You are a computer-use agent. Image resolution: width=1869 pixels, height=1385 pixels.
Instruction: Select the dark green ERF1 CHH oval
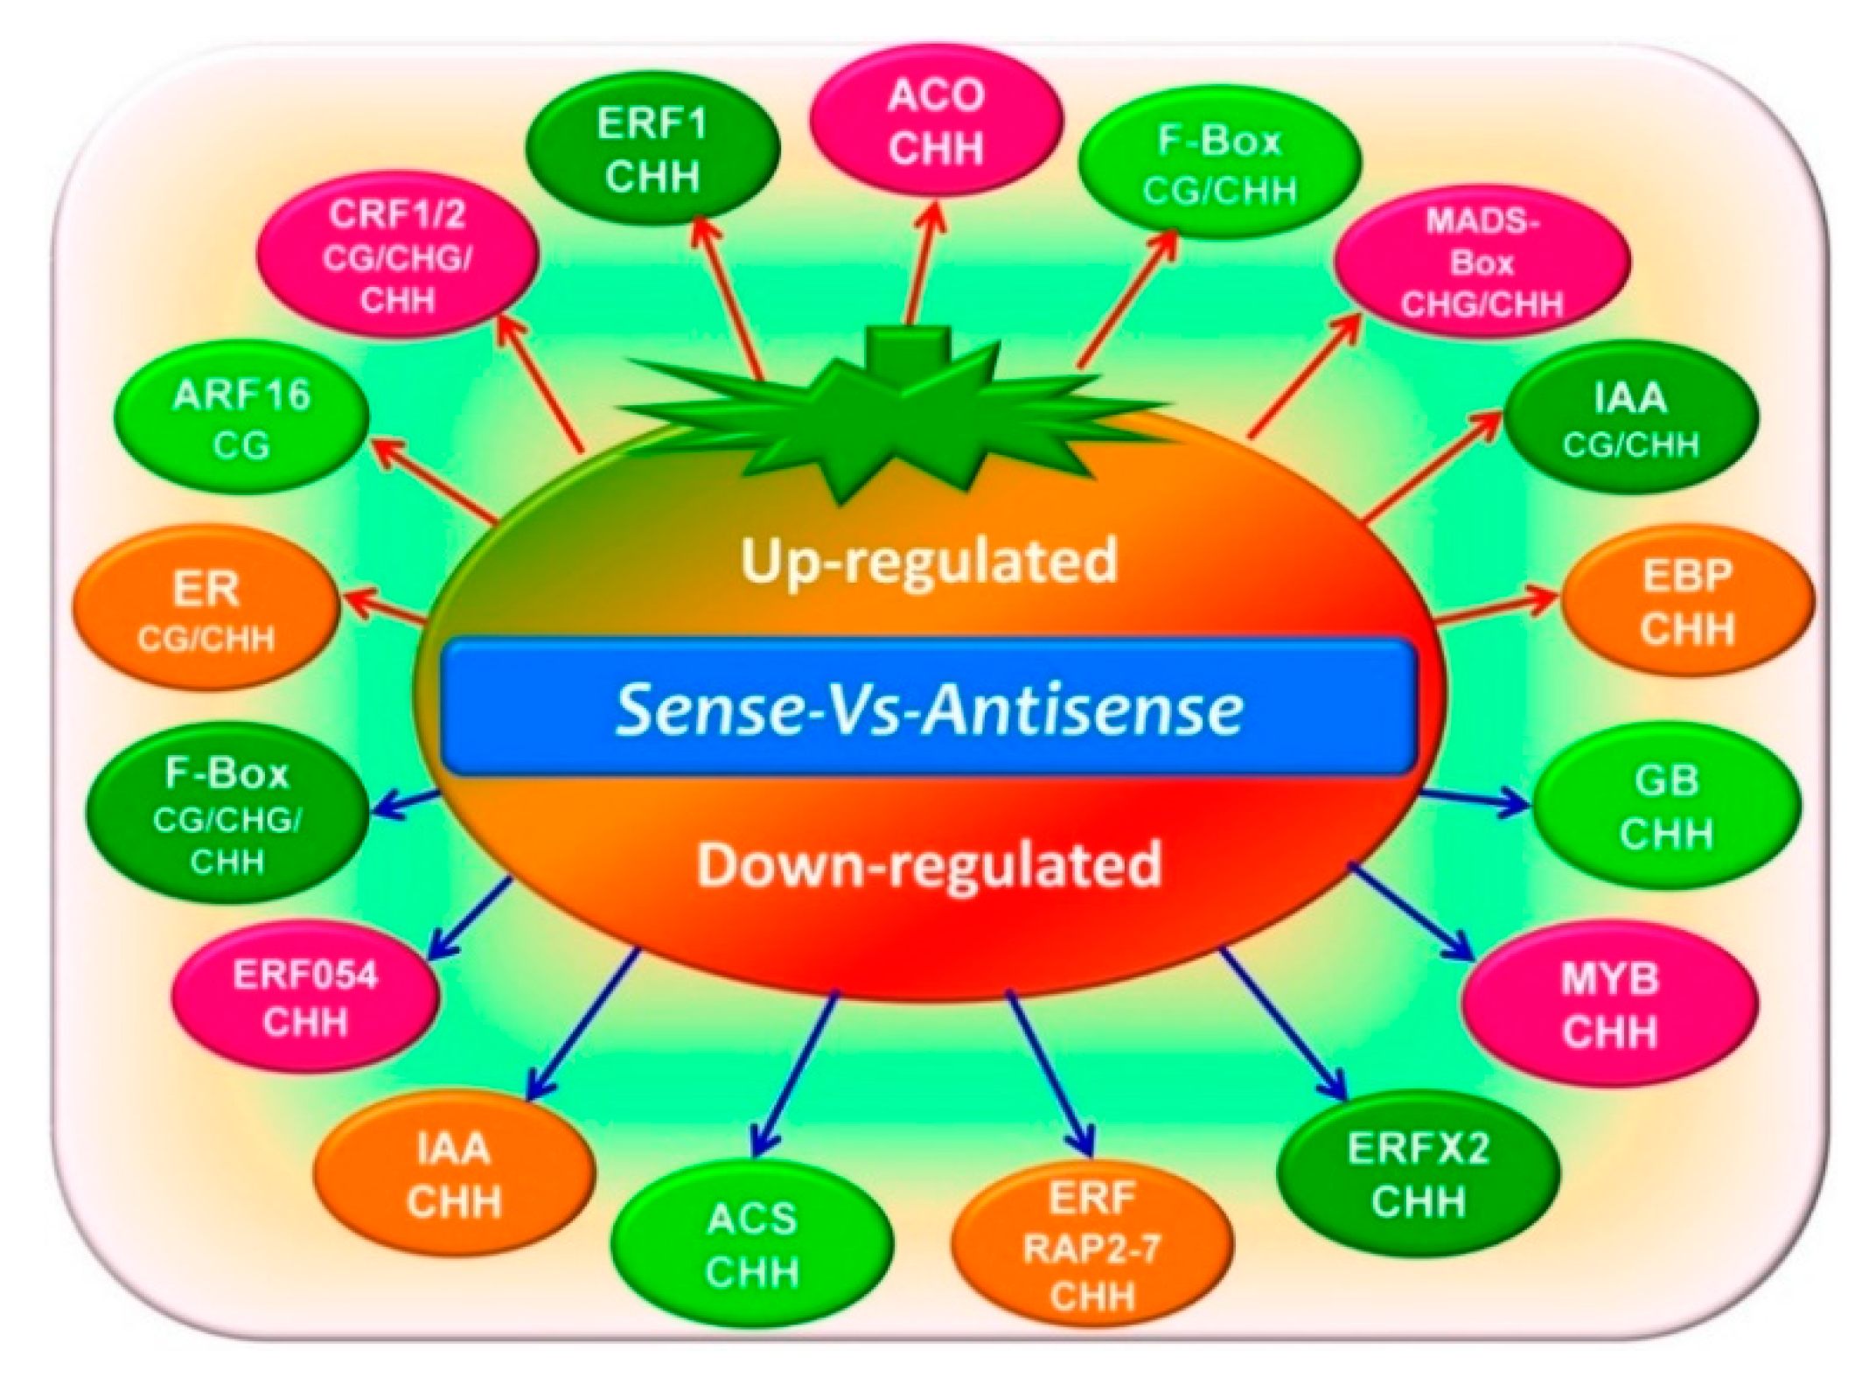point(652,149)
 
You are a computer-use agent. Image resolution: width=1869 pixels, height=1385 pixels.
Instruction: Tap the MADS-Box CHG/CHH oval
point(1482,262)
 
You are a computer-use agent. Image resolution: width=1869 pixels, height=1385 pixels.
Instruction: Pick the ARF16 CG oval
point(241,420)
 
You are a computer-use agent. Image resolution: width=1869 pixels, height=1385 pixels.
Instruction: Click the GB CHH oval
point(1666,807)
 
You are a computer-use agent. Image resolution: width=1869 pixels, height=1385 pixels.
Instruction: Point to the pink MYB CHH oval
point(1610,1005)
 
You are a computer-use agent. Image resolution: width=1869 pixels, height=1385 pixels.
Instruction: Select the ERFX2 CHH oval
point(1418,1173)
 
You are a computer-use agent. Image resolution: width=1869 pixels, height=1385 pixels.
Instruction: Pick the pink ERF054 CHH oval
point(305,997)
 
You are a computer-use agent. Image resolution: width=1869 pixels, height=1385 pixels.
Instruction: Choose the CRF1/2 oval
point(397,257)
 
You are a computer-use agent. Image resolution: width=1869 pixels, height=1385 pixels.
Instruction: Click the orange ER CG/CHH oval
point(206,612)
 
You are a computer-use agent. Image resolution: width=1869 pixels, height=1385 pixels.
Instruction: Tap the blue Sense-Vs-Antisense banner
point(928,708)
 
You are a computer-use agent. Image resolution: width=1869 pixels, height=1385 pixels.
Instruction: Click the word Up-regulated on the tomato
point(929,559)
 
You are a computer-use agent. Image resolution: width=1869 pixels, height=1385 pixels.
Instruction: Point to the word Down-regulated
point(929,864)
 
